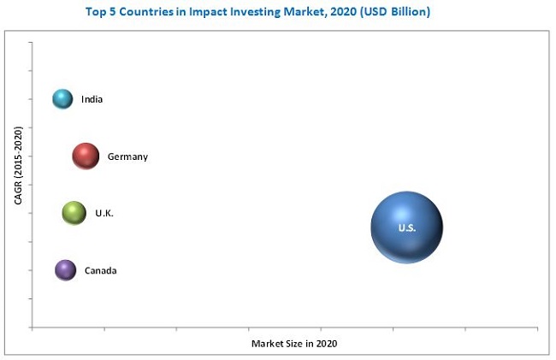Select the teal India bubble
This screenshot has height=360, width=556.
pos(62,99)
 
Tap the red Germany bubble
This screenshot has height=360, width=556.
pos(85,156)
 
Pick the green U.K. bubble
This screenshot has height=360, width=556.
pos(74,213)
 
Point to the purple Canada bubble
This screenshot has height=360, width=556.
pos(65,270)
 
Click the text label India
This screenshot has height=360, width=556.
pos(92,100)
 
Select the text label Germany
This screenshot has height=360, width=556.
pos(127,156)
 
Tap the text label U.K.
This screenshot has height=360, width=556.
pos(104,213)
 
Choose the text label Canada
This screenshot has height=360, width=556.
pos(100,271)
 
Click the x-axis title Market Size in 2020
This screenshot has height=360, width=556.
pos(294,343)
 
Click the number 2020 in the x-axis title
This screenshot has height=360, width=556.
pos(326,343)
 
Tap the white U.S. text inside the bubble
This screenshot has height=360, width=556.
pos(406,228)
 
